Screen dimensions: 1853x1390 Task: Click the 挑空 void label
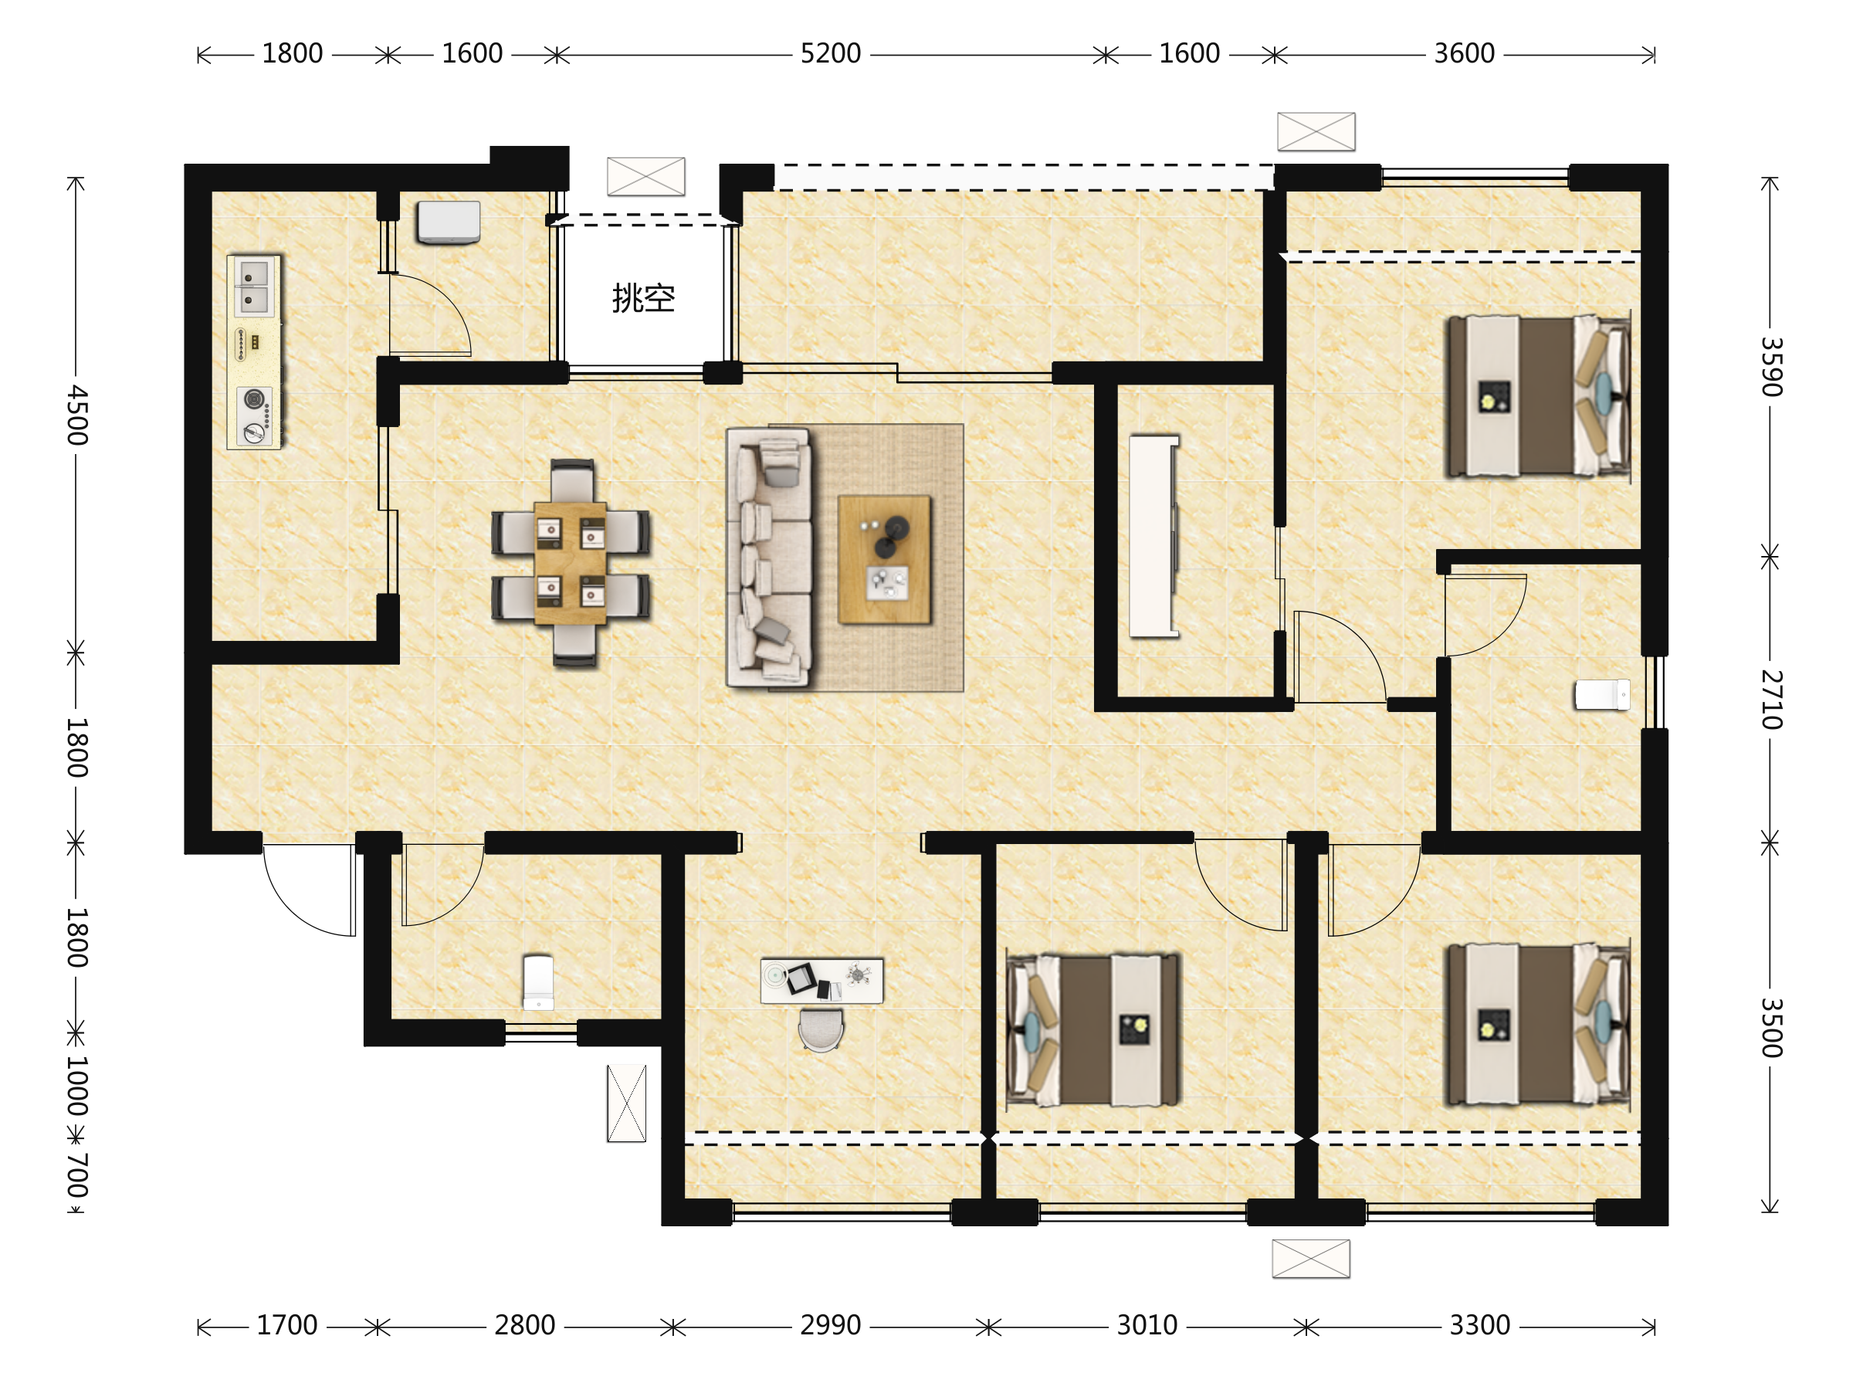[643, 298]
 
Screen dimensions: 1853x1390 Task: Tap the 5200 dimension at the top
[830, 53]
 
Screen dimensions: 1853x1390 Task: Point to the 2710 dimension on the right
[1771, 700]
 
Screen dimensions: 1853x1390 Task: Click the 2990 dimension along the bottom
[830, 1324]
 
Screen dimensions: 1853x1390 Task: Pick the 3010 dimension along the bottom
[1147, 1324]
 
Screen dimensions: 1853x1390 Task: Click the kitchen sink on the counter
[254, 286]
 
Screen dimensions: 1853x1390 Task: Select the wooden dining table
[570, 563]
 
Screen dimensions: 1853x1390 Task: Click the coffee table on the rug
[885, 559]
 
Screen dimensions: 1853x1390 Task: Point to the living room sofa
[769, 558]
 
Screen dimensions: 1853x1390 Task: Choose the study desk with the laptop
[821, 980]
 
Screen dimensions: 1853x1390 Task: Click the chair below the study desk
[821, 1029]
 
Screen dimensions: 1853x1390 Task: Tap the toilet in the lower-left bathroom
[538, 982]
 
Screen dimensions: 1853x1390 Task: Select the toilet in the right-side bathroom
[1602, 694]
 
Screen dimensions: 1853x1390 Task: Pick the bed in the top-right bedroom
[1538, 396]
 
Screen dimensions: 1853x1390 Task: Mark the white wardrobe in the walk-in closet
[1153, 536]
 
